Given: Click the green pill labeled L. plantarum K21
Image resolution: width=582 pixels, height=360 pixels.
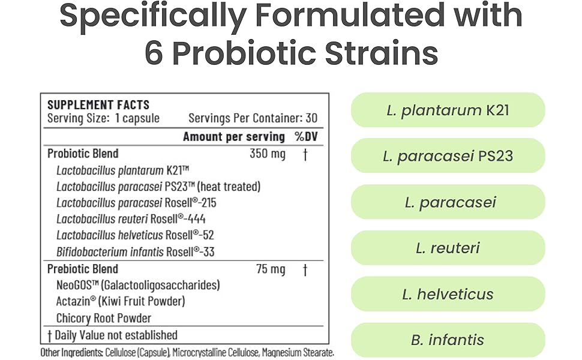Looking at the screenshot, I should pos(448,110).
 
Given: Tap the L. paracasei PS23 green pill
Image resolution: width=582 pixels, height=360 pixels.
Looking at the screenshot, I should pos(448,156).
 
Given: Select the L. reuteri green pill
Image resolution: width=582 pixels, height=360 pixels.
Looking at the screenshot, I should pos(448,248).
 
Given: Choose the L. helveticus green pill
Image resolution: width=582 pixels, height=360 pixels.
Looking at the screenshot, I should pos(448,294).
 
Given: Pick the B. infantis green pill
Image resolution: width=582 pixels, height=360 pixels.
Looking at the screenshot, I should pos(448,340).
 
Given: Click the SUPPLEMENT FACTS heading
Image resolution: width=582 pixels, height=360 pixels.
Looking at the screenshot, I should pos(98,104).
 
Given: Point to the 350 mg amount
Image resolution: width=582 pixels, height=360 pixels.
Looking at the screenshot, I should pos(268,154).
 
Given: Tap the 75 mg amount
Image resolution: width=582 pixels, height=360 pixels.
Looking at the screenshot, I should pos(271,269).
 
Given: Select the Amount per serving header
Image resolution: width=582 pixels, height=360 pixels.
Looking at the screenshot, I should pos(233,136).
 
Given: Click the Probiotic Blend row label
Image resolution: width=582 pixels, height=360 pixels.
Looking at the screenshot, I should pos(83,154).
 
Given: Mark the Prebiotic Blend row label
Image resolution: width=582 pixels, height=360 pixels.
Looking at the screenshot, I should pos(83,269).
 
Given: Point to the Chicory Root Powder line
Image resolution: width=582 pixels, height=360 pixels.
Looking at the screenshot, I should pos(104,318).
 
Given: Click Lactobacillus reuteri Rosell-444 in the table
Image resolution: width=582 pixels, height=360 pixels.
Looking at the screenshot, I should pos(131,219).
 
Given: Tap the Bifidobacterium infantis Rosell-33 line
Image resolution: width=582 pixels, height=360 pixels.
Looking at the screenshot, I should pos(135,252).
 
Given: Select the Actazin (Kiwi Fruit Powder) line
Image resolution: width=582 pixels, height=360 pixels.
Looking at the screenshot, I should pos(121,301).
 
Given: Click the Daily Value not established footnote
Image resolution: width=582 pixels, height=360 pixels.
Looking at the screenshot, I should pos(112,335).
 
